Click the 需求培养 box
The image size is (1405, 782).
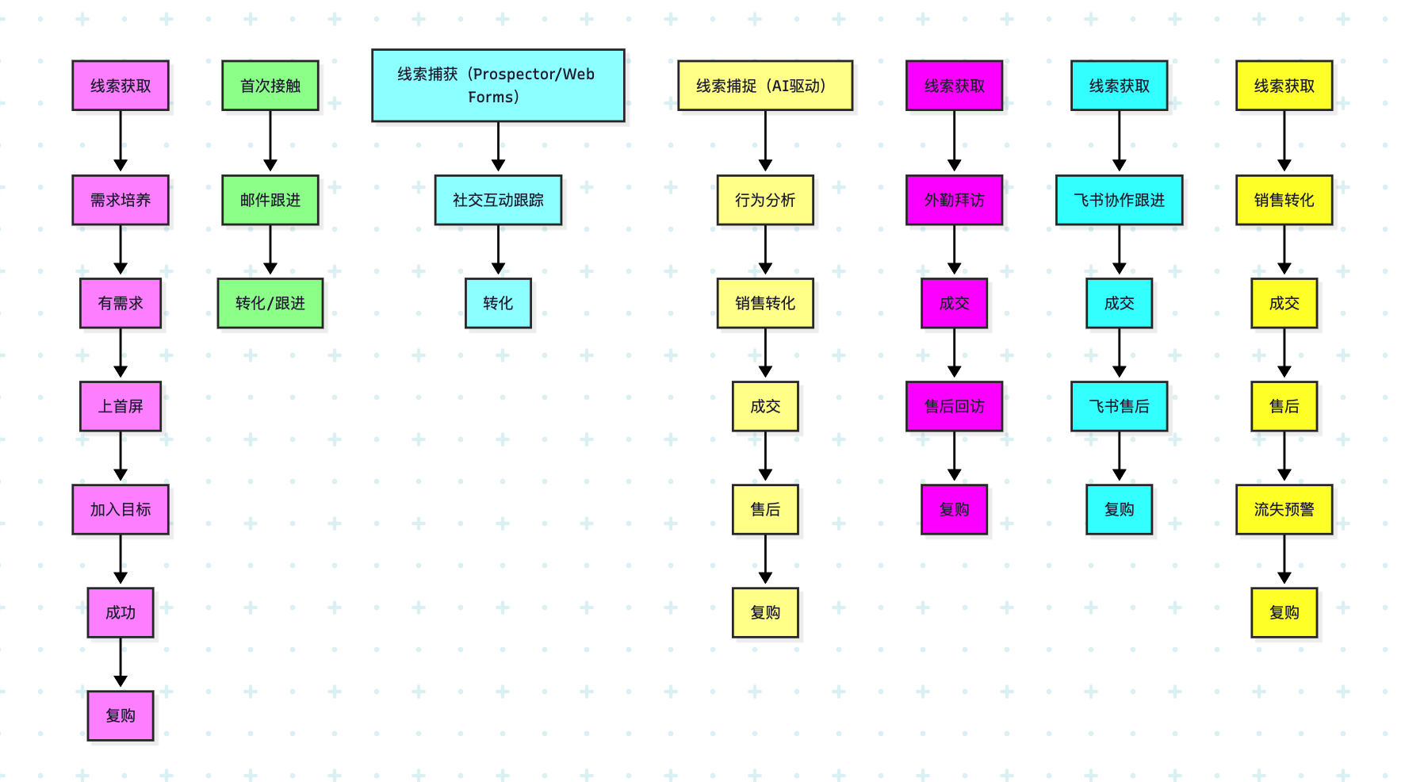[x=121, y=200]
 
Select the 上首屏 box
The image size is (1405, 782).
[x=121, y=406]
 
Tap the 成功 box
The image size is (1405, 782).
[x=121, y=612]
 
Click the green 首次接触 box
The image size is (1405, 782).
[x=270, y=86]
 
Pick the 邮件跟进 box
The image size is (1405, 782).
[x=270, y=200]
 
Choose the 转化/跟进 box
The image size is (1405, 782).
[x=270, y=303]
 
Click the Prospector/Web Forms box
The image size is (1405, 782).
[x=498, y=86]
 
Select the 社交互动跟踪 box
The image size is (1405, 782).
[x=498, y=200]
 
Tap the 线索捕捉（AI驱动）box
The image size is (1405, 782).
[x=765, y=86]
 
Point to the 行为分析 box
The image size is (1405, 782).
[x=765, y=200]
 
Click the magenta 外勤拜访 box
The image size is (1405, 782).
[x=954, y=200]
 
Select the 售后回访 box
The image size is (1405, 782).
[x=954, y=406]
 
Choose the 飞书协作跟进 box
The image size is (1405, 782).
[x=1119, y=200]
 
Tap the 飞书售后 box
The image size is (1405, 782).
[x=1119, y=406]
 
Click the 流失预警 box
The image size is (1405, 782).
[x=1284, y=509]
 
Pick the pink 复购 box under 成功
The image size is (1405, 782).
[x=121, y=715]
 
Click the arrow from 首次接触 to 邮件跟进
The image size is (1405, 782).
[x=270, y=141]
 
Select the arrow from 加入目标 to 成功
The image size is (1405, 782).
[x=121, y=560]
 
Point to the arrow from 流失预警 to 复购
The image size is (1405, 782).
[x=1284, y=560]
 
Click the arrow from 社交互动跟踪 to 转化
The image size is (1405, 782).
[x=498, y=251]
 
